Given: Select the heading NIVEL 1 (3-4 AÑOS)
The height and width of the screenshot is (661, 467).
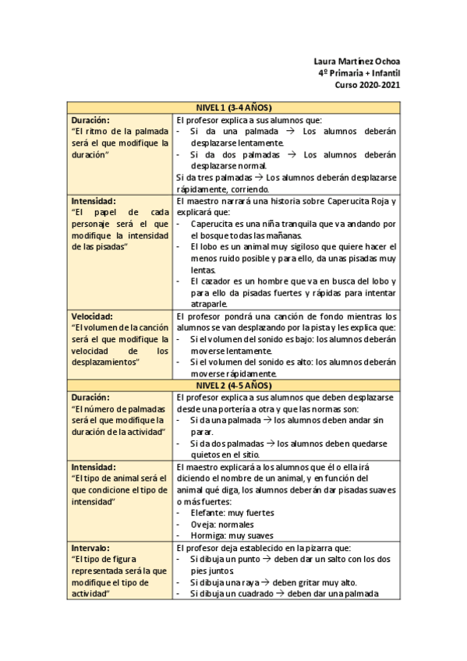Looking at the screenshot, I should point(233,108).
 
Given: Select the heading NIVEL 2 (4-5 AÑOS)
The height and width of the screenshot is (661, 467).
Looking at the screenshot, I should point(233,386).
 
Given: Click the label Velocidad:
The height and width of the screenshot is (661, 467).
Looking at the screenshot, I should point(93,316).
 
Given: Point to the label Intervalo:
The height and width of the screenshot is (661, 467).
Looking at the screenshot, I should point(91,548).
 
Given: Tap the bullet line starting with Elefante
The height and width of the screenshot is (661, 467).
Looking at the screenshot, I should point(232,513).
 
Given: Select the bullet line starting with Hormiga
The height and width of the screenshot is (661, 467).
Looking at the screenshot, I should point(232,536).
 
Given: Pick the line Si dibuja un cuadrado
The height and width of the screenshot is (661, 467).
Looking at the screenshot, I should point(285,594).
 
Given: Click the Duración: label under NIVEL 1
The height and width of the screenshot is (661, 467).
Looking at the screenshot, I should point(90,120).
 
